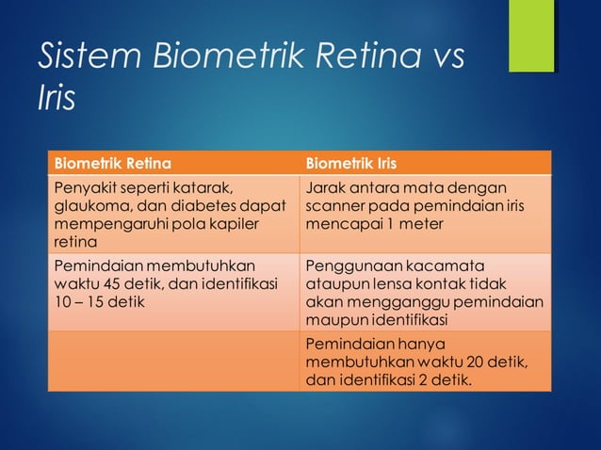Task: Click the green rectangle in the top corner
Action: tap(531, 36)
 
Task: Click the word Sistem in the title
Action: tap(79, 56)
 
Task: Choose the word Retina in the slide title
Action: tap(355, 56)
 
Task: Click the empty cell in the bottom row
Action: tap(175, 362)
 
